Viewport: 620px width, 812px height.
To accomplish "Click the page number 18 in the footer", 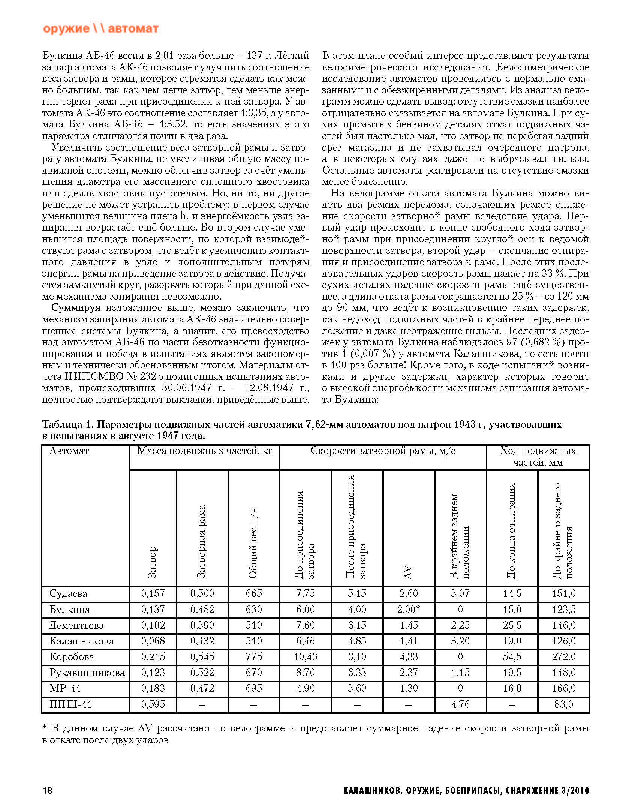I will click(48, 790).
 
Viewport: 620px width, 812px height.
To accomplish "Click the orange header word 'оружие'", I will click(66, 29).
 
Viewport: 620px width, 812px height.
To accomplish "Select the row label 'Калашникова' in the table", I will click(81, 641).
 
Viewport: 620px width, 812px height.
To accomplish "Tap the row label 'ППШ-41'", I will click(70, 704).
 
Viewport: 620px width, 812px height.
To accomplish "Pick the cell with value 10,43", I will click(305, 657).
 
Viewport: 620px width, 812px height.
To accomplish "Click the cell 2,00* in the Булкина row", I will click(408, 610).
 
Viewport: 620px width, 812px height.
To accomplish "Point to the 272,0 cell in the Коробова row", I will click(563, 657).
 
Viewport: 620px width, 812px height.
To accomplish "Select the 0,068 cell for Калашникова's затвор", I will click(153, 641).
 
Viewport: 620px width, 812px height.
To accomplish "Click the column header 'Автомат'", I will click(69, 451).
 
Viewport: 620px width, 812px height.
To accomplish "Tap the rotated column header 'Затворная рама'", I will click(202, 541).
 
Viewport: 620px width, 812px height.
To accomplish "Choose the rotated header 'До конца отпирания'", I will click(512, 530).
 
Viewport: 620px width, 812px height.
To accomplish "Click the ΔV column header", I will click(409, 572).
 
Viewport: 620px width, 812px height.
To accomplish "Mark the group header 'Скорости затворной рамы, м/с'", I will click(383, 451).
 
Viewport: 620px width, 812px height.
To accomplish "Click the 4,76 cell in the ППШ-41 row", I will click(460, 704).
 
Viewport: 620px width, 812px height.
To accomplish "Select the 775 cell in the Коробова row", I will click(253, 657).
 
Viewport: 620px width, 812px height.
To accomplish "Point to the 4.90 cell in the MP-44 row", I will click(305, 688).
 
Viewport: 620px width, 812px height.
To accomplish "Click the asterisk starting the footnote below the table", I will click(45, 728).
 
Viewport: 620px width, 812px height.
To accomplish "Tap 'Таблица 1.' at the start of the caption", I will click(67, 424).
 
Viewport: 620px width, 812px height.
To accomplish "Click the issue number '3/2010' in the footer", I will click(575, 791).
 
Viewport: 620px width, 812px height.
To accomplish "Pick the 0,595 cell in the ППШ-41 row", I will click(153, 704).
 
